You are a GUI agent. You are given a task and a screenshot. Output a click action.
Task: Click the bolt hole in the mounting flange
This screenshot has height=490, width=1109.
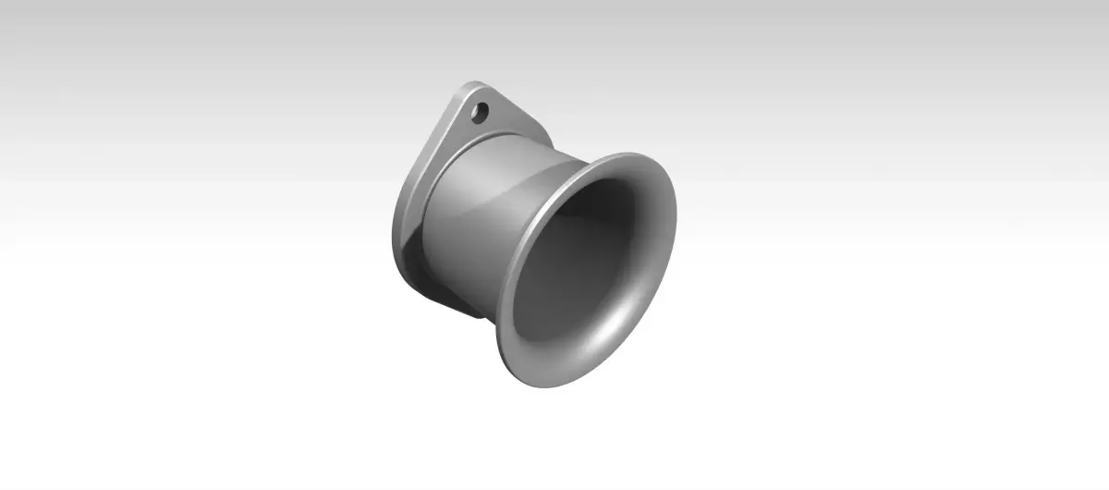coord(480,112)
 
